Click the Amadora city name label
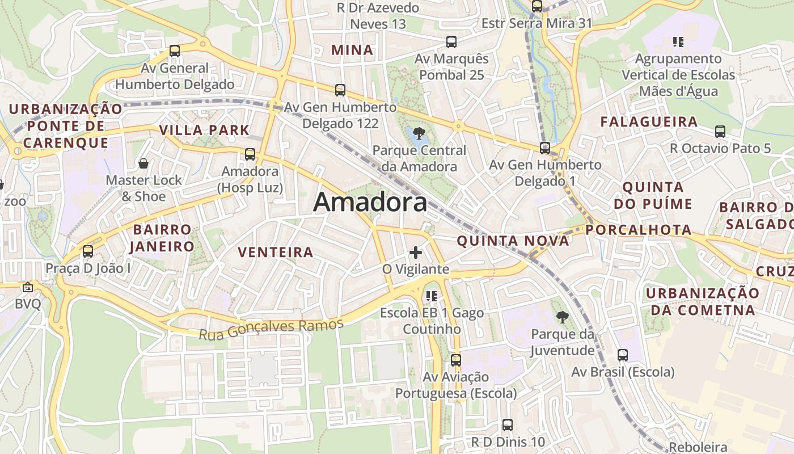370,202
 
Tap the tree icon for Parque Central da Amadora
419,134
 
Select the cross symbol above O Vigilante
416,252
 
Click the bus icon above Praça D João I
87,251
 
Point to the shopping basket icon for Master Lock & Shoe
143,163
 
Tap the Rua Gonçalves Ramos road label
271,329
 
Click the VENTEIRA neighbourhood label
276,253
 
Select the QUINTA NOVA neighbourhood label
513,241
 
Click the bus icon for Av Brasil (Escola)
622,355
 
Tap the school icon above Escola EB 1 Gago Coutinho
432,296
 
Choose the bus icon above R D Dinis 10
508,424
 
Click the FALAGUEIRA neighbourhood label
649,122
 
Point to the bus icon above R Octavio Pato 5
720,132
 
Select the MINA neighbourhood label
352,50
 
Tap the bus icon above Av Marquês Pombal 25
451,41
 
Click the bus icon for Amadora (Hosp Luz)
250,154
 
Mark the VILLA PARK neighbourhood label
204,130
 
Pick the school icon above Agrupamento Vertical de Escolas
677,41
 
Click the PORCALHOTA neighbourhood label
639,230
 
